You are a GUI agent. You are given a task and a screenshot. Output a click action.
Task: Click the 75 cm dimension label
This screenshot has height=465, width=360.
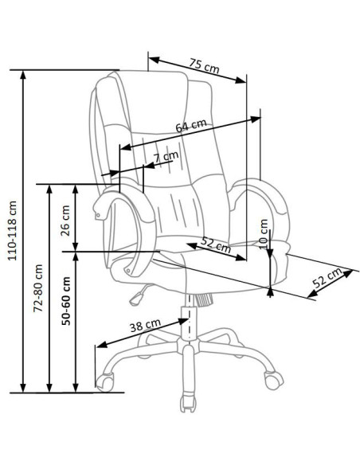pos(205,66)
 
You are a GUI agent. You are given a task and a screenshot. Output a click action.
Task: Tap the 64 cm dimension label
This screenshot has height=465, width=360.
pos(191,126)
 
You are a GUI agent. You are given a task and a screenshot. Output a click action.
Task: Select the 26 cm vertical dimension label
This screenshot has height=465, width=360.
pos(65,221)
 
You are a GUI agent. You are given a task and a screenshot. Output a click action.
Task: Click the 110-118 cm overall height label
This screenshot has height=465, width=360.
pos(13,231)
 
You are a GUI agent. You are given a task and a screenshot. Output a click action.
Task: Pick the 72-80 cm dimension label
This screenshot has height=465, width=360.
pos(38,288)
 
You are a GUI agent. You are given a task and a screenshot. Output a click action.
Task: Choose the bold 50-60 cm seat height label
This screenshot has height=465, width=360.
pos(66,301)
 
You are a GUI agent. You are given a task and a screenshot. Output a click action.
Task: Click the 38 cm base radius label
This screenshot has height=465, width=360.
pos(145,326)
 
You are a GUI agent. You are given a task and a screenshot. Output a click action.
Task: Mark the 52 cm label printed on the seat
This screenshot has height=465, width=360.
pos(216,244)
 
